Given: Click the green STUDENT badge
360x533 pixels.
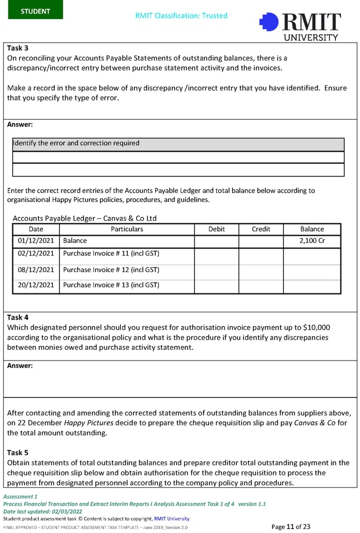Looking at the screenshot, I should click(x=35, y=11).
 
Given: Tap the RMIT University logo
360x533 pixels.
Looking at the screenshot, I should click(x=300, y=26).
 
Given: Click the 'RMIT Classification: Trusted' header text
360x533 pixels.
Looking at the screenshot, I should click(x=181, y=16).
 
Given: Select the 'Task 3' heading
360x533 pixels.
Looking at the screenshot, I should click(x=17, y=48).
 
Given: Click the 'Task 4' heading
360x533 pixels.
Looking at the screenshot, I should click(x=17, y=317).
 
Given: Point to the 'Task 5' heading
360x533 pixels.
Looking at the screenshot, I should click(x=17, y=452).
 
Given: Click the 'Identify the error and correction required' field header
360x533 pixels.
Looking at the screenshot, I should click(x=76, y=143).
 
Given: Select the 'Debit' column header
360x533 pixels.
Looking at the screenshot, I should click(x=216, y=229).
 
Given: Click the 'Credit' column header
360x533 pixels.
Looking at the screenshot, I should click(x=261, y=229).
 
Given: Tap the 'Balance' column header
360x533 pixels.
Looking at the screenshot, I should click(x=312, y=229).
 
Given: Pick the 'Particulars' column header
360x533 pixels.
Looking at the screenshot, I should click(x=127, y=229).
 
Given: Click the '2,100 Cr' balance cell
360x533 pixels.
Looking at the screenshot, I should click(x=312, y=241).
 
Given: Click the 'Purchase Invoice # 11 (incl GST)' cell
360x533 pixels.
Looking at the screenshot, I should click(x=111, y=254).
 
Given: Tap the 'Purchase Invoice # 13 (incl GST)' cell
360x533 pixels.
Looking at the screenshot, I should click(x=111, y=285).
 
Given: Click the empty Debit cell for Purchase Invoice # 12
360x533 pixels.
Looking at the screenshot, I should click(x=216, y=269).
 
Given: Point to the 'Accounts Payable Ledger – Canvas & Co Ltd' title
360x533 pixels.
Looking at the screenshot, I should click(x=85, y=218).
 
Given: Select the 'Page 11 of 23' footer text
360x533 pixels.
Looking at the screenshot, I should click(x=291, y=526).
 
